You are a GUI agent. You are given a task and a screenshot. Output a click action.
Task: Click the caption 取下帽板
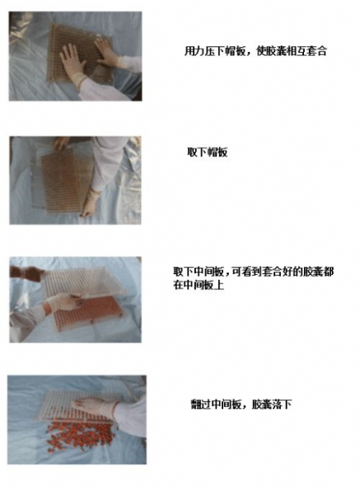[207, 152]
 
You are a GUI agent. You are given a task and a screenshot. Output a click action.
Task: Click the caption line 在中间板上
[199, 285]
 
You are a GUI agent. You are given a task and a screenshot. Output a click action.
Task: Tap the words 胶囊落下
[272, 404]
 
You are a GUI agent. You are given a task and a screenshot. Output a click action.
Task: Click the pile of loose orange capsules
[80, 436]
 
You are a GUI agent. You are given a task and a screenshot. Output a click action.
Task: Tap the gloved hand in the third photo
[63, 302]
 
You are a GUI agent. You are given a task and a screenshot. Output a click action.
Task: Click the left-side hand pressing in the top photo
[73, 61]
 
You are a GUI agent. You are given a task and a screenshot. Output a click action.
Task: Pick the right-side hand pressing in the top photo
[106, 52]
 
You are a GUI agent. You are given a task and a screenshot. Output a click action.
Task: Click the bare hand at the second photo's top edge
[62, 142]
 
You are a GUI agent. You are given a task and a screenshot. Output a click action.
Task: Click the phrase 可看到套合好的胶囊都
[283, 271]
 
